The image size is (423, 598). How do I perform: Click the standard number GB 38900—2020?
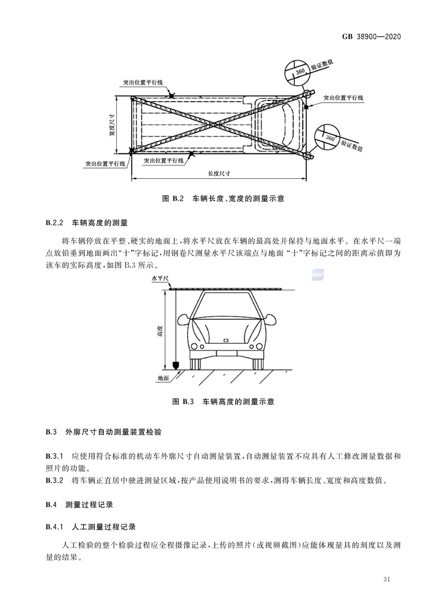(x=372, y=36)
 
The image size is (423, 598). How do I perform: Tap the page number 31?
(x=387, y=579)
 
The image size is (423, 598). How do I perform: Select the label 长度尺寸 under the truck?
(x=219, y=173)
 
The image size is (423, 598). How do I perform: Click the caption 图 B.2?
(x=173, y=198)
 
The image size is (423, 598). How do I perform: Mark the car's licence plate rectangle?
(x=226, y=341)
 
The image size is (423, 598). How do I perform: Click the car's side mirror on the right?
(x=270, y=320)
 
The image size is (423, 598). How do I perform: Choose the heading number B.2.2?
(x=54, y=223)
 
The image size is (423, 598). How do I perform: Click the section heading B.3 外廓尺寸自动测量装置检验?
(x=104, y=432)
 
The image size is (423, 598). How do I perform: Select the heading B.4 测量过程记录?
(x=80, y=504)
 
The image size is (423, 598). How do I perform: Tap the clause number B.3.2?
(x=54, y=481)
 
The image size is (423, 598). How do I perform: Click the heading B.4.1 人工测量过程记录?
(x=91, y=527)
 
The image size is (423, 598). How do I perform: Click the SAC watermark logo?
(x=318, y=275)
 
